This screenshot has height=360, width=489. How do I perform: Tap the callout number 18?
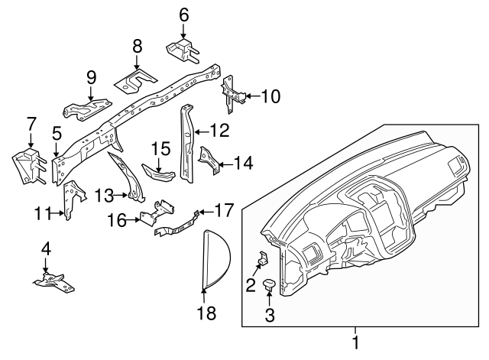[x=206, y=313]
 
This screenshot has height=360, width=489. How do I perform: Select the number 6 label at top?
[x=183, y=14]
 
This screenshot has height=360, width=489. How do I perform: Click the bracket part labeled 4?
[x=53, y=284]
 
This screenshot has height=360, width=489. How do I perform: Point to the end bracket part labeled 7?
[x=29, y=166]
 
